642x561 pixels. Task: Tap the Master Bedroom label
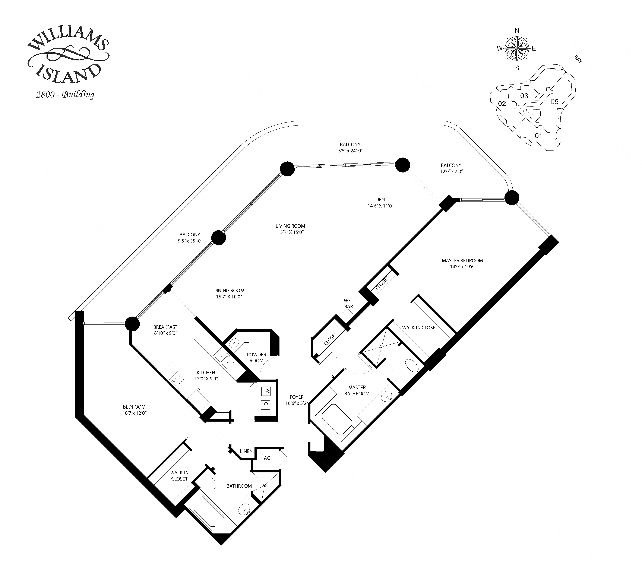(462, 260)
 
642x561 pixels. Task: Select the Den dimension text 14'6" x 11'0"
(380, 206)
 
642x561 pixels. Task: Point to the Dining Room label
(229, 291)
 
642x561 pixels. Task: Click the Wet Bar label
(349, 303)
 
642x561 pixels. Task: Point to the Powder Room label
(257, 358)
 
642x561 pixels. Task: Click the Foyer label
(296, 397)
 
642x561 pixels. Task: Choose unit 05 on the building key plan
(554, 101)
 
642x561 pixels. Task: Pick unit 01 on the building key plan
(538, 136)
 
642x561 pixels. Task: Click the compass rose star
(517, 48)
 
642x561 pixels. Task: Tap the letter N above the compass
(517, 30)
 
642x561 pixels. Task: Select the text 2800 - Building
(65, 95)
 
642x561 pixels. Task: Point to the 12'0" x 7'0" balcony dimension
(451, 172)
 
